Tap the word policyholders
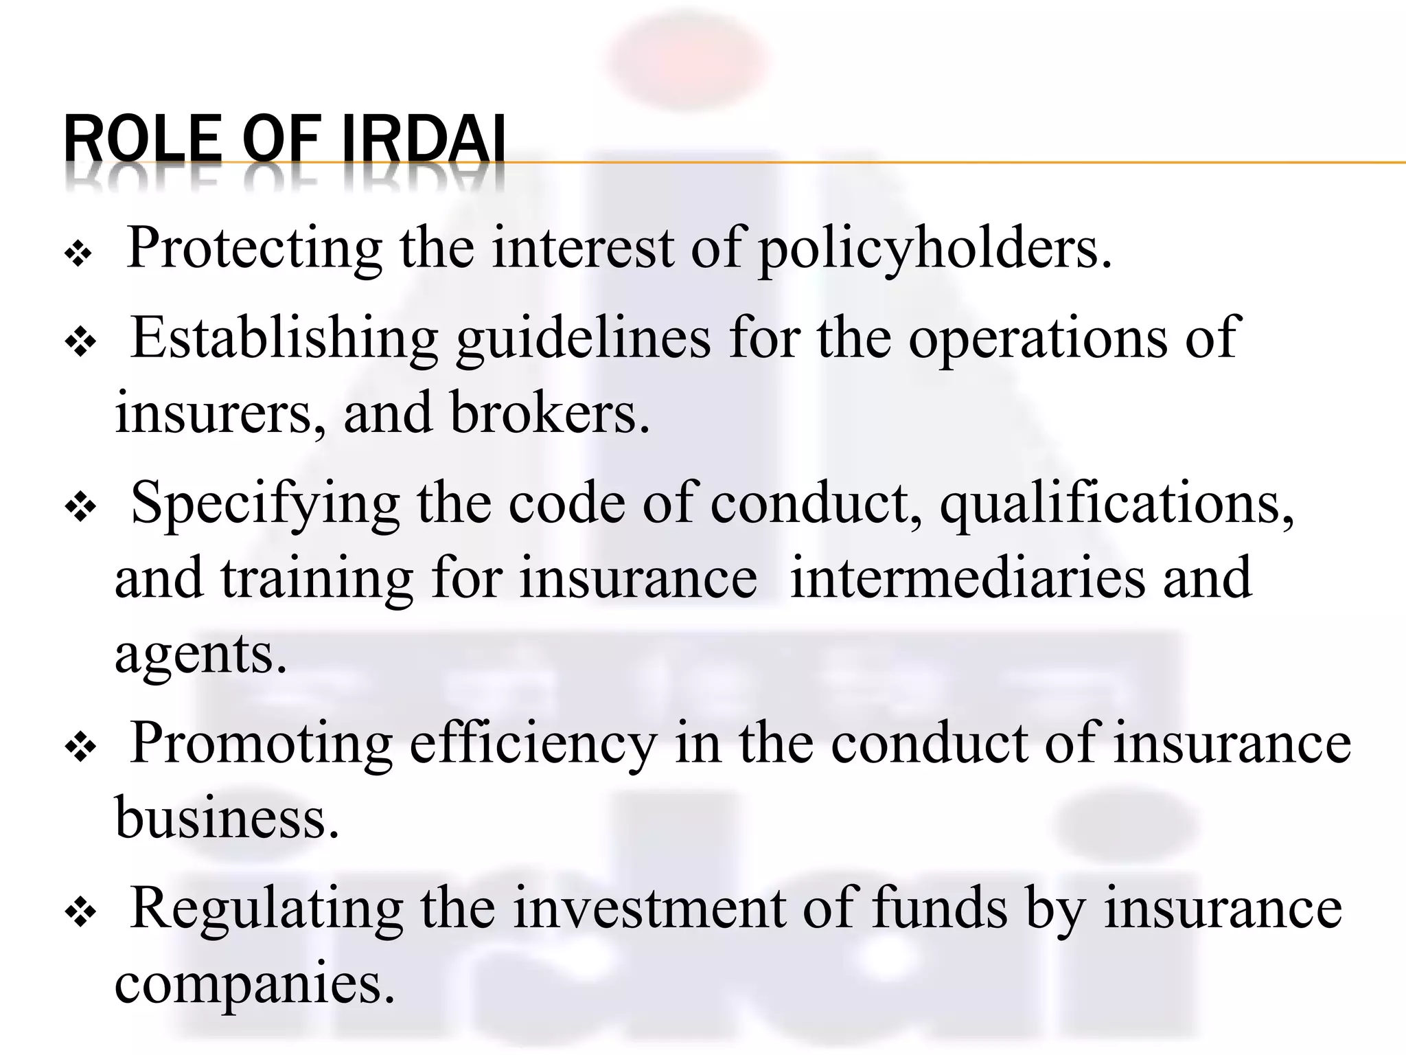pos(934,249)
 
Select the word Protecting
pos(255,249)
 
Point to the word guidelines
pos(584,339)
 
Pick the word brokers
pos(549,413)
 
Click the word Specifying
pos(265,503)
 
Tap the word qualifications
pos(1116,503)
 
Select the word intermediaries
pos(967,578)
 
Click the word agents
pos(200,654)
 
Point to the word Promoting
pos(261,744)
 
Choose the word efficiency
pos(533,744)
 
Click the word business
pos(227,819)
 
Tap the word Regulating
pos(266,909)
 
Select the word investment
pos(649,909)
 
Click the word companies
pos(255,984)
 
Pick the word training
pos(316,578)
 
